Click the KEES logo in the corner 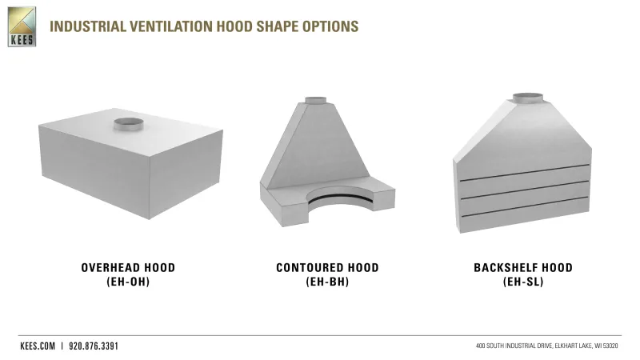22,26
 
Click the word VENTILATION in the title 171,26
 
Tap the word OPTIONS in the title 330,26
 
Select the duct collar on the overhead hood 128,124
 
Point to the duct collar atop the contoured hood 315,101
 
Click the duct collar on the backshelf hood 528,98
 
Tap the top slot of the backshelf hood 525,172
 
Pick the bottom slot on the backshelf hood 525,206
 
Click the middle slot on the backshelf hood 525,190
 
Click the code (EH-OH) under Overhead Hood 128,282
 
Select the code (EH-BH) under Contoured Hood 327,282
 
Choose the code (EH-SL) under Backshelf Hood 523,282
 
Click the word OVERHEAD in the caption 110,268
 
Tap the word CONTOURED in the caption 310,268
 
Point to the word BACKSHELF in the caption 506,268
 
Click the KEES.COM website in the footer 38,346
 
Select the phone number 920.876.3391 94,346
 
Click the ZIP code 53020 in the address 610,346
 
